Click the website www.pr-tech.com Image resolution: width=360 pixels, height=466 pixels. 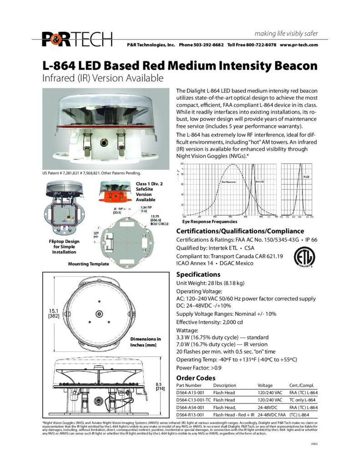click(299, 45)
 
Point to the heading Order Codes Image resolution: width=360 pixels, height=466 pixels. click(196, 378)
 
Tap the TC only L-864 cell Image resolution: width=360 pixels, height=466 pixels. click(304, 400)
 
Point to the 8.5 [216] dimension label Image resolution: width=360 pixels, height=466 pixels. click(160, 386)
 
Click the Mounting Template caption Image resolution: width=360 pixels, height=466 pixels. click(88, 263)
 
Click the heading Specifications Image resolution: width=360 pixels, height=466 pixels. click(198, 274)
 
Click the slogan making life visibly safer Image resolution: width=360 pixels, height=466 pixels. click(286, 34)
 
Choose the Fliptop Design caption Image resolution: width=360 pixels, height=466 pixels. click(64, 246)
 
